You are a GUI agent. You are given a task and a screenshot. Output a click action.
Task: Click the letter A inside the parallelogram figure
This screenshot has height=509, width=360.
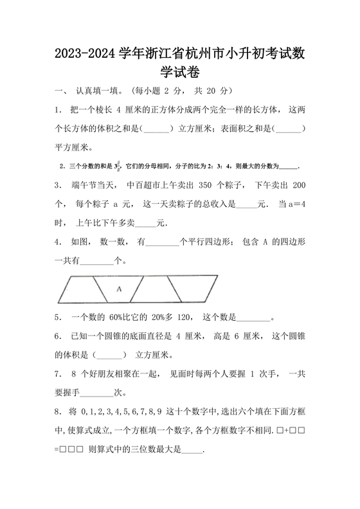(119, 290)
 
